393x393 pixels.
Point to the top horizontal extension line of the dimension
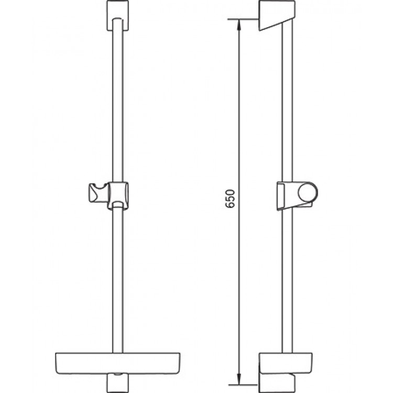244,20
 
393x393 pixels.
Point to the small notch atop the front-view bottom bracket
118,375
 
